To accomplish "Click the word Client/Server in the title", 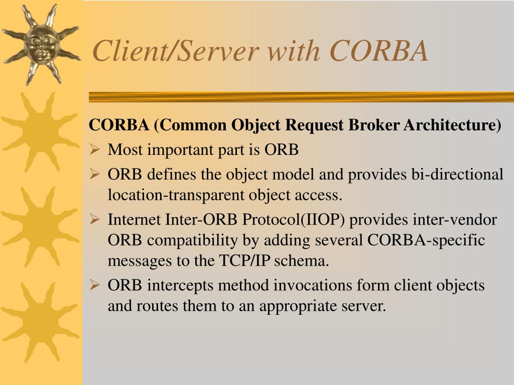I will [176, 51].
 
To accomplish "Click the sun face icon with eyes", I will [42, 43].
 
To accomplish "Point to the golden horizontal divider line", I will [301, 97].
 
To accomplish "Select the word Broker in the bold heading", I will [373, 125].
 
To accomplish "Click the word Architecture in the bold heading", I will [452, 125].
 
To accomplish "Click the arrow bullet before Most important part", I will [95, 149].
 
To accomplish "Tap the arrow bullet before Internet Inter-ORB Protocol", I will [95, 220].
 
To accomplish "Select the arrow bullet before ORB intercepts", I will [95, 285].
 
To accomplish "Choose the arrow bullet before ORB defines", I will [95, 174].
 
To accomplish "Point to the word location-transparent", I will [177, 195].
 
